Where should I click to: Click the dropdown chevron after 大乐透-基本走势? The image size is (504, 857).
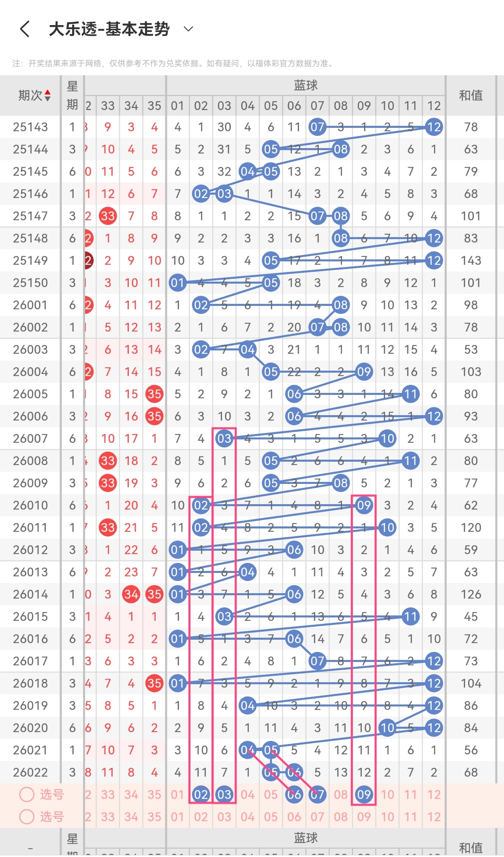pos(188,29)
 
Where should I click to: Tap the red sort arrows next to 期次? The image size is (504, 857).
pos(47,95)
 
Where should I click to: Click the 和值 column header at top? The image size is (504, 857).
pos(471,95)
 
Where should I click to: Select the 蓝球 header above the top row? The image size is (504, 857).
pos(305,85)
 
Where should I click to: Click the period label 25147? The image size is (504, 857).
pos(30,216)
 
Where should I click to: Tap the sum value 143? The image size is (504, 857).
pos(471,261)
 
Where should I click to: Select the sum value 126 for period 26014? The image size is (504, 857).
pos(471,594)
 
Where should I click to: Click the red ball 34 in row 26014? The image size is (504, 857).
pos(131,594)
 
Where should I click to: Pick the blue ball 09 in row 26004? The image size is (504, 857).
pos(364,372)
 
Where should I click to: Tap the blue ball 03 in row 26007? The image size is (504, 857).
pos(224,439)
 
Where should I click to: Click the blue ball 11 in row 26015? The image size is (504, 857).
pos(410,617)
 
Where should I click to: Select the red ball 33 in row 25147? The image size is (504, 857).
pos(108,216)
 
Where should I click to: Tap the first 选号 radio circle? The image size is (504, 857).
pos(27,794)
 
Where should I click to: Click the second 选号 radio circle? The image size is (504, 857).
pos(27,817)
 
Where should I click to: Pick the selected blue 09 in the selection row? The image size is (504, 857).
pos(364,795)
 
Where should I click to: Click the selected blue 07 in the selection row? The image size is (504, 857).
pos(317,795)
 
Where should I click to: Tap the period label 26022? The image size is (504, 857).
pos(30,772)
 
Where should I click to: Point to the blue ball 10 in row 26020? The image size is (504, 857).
pos(387,728)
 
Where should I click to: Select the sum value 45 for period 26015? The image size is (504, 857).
pos(471,617)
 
